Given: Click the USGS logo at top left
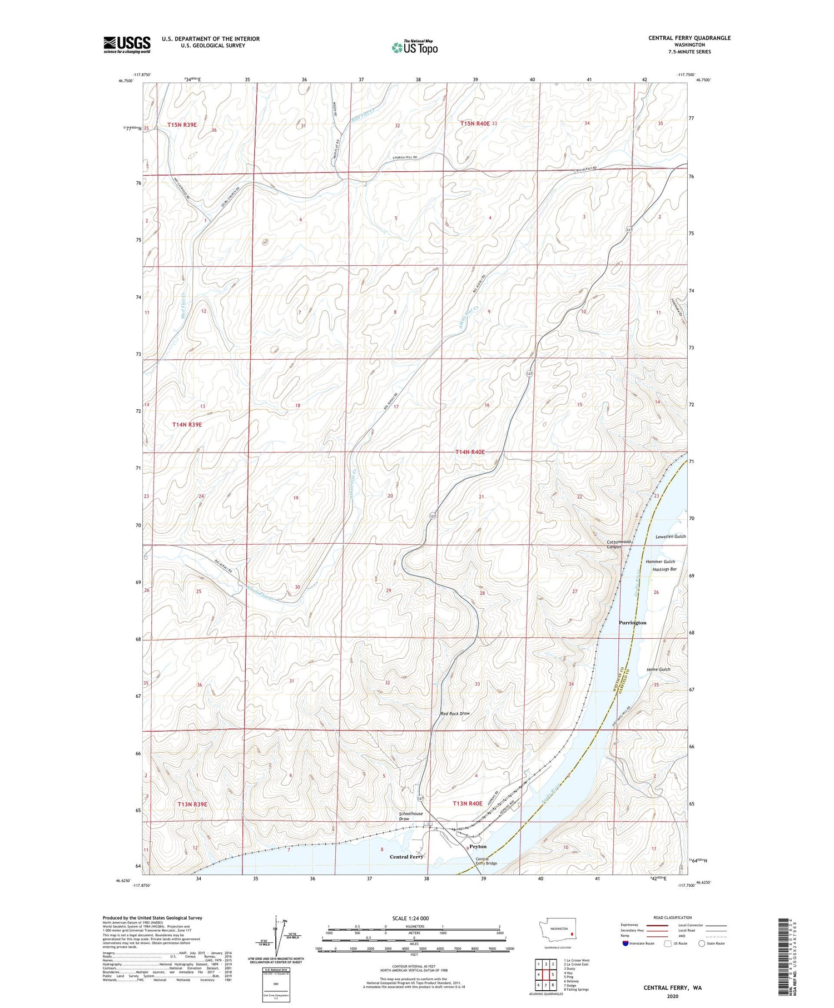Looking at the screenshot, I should click(127, 44).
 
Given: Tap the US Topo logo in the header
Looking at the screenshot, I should click(415, 48).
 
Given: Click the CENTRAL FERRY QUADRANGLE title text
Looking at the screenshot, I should click(689, 38).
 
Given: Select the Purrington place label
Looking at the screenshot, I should click(632, 623).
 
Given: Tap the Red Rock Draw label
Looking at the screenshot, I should click(455, 713).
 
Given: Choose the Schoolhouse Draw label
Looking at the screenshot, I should click(411, 816).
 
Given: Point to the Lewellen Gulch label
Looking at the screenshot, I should click(671, 537).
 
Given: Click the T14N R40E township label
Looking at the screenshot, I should click(470, 453).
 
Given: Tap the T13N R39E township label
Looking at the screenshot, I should click(192, 804).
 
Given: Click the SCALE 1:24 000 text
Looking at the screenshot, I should click(410, 918).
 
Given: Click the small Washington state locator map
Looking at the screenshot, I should click(559, 930).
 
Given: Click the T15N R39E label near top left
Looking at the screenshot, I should click(182, 125).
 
